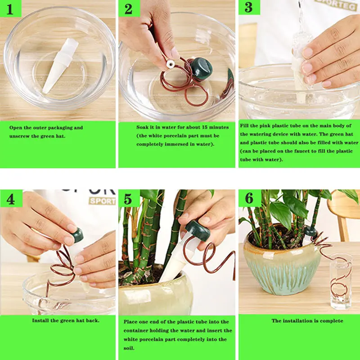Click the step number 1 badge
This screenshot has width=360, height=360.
(x=10, y=9)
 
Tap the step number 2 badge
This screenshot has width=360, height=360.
(x=129, y=8)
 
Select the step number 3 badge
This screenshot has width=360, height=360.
(x=249, y=7)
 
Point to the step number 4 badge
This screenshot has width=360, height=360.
(x=11, y=198)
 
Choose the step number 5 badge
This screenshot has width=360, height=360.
(x=129, y=198)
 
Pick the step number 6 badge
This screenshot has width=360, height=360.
(x=250, y=198)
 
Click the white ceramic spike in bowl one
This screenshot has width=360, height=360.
(x=60, y=65)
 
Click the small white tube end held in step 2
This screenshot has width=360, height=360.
(x=171, y=64)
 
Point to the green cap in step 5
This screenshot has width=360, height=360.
(x=198, y=230)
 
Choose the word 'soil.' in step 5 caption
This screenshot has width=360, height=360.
(x=129, y=348)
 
